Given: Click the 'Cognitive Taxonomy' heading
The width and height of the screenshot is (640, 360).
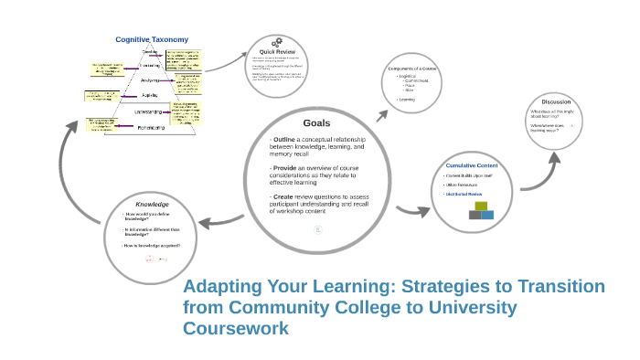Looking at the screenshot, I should pyautogui.click(x=152, y=39).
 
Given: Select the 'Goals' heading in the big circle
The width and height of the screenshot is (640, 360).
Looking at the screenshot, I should pyautogui.click(x=316, y=122).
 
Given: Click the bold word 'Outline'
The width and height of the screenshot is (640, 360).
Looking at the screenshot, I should pyautogui.click(x=285, y=139).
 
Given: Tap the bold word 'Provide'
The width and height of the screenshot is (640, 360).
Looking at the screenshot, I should pyautogui.click(x=286, y=168).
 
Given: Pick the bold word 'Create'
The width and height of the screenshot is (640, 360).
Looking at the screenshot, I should pyautogui.click(x=284, y=196).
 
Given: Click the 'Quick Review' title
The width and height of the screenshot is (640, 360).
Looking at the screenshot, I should pyautogui.click(x=275, y=52).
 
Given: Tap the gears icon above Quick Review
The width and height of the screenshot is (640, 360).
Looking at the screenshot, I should pyautogui.click(x=275, y=43).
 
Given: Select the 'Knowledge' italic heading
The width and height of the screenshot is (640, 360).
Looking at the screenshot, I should pyautogui.click(x=152, y=204).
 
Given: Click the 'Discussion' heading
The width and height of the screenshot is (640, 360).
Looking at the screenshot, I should pyautogui.click(x=556, y=101).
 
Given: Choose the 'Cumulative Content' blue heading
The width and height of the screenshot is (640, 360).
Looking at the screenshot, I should pyautogui.click(x=472, y=165).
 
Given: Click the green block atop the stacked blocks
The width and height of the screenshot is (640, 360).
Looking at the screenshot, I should pyautogui.click(x=481, y=206).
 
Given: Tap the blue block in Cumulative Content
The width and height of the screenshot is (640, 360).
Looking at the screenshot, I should pyautogui.click(x=487, y=216).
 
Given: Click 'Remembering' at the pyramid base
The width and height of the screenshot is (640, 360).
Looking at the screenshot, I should pyautogui.click(x=151, y=127).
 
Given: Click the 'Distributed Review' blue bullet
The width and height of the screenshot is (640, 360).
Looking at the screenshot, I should pyautogui.click(x=464, y=194).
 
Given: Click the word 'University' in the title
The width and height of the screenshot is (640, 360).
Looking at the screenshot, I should pyautogui.click(x=465, y=308).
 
